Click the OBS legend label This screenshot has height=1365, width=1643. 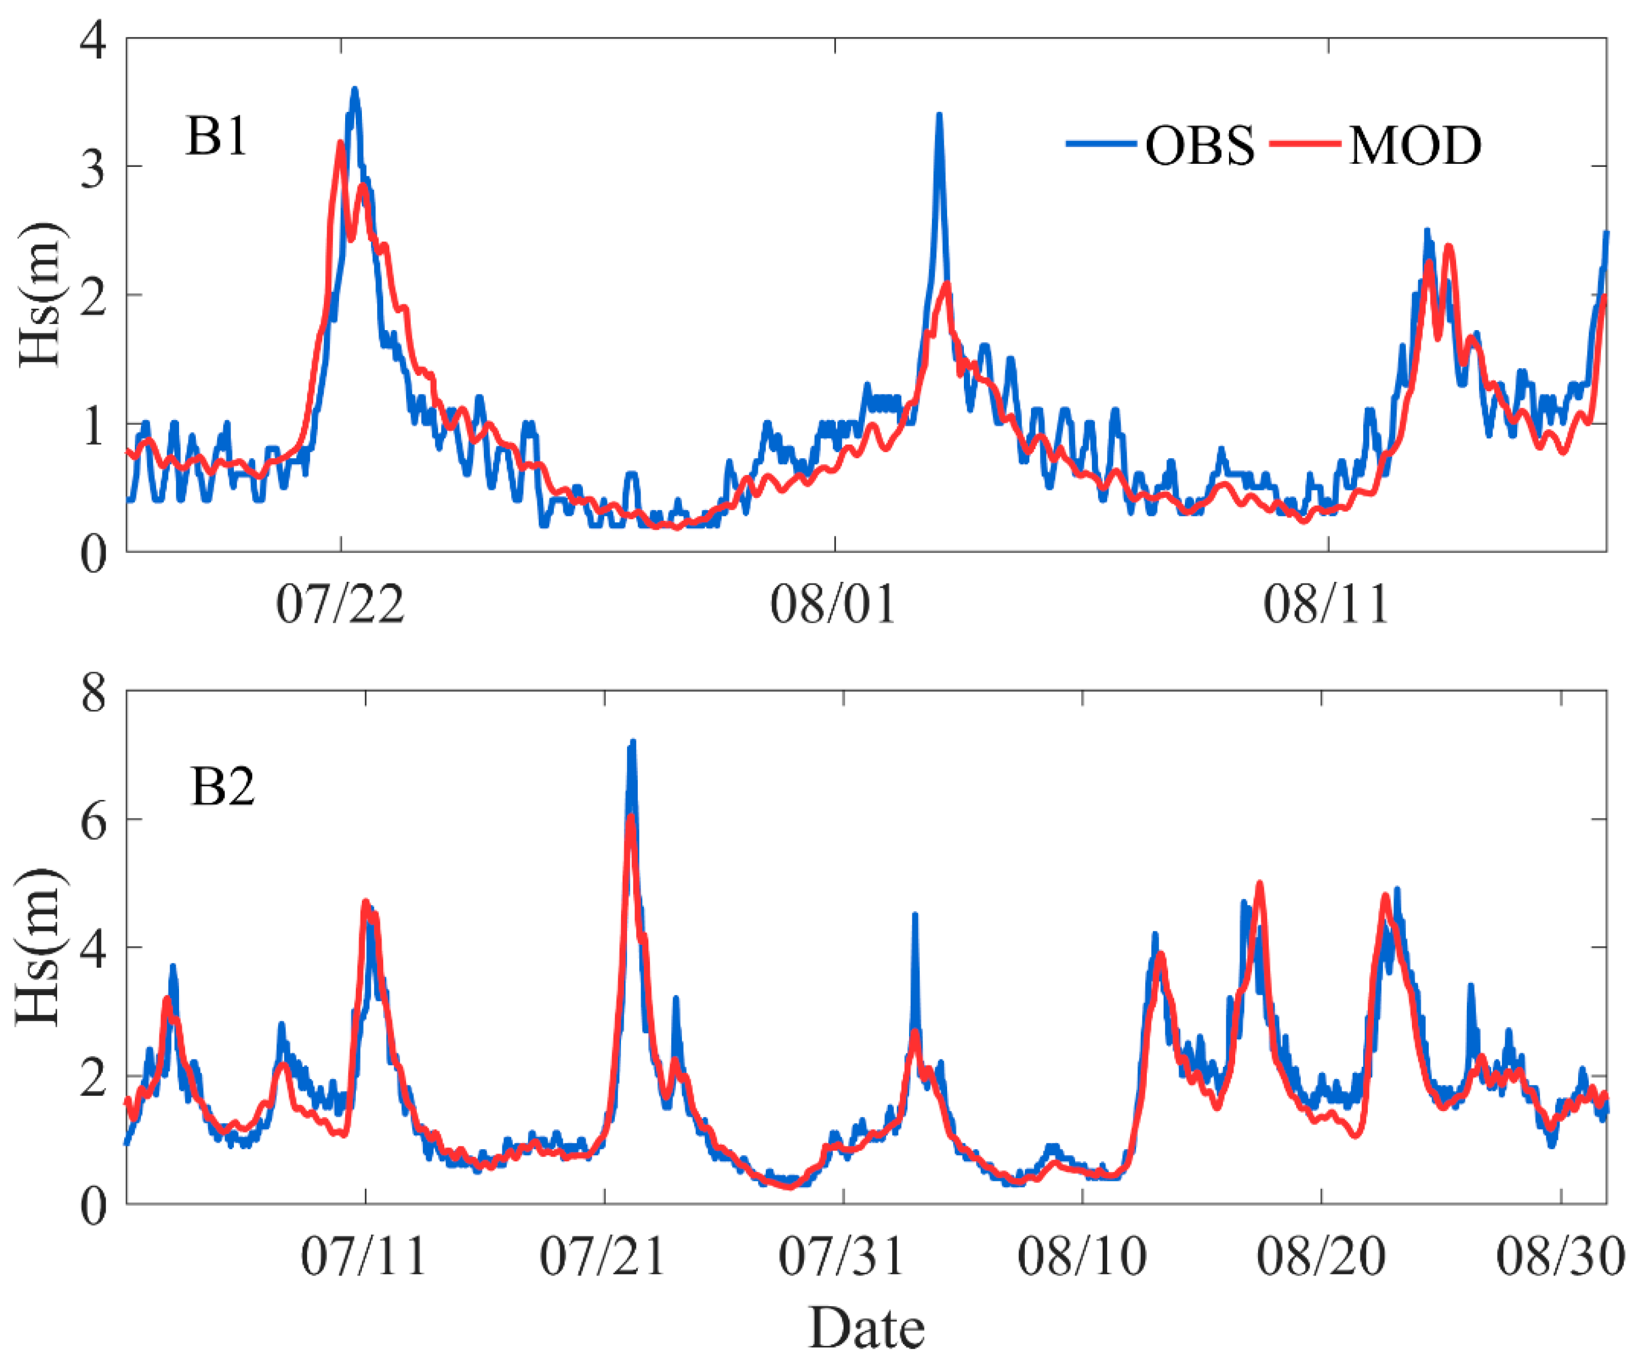click(x=1199, y=145)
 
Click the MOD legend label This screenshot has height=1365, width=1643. click(x=1415, y=145)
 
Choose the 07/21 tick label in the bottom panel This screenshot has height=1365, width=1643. click(x=603, y=1257)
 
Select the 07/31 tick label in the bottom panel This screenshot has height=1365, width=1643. click(x=842, y=1257)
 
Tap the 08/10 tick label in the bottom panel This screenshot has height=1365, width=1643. click(x=1082, y=1257)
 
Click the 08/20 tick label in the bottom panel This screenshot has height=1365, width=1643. click(x=1321, y=1257)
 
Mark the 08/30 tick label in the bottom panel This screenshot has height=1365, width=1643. click(x=1561, y=1257)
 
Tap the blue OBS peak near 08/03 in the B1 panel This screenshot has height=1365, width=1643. click(x=939, y=115)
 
